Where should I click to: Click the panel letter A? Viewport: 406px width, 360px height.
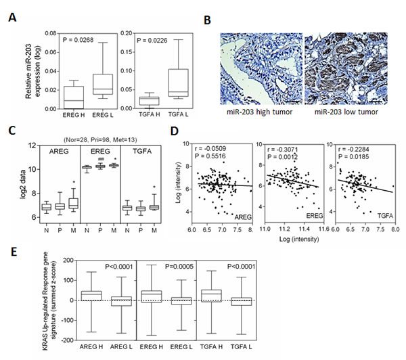12,18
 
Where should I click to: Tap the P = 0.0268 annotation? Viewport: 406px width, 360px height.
78,40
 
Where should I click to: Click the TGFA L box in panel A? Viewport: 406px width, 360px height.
178,83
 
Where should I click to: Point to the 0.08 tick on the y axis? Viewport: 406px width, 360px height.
51,33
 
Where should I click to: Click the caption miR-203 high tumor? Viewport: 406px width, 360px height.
259,112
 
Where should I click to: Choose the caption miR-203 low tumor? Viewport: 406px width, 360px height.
346,112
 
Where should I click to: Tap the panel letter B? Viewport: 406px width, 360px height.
207,20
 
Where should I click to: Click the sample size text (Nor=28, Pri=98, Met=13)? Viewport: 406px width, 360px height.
100,140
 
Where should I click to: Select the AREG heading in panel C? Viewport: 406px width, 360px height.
59,152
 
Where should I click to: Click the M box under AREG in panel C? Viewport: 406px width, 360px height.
74,203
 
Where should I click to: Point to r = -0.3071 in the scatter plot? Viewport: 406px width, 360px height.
283,150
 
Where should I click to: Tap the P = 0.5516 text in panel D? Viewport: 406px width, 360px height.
210,156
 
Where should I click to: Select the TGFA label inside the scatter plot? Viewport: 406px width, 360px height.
385,216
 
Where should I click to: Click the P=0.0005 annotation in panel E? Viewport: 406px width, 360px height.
179,267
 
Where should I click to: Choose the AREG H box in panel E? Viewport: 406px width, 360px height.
91,296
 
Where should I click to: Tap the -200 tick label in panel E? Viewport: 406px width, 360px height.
68,340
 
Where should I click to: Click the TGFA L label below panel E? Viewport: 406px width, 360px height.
242,346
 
